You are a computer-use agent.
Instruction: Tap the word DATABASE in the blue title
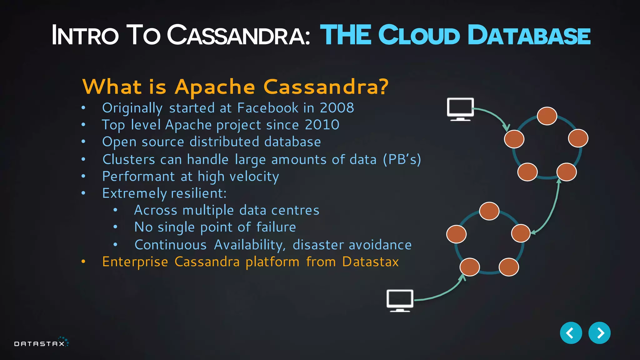point(529,35)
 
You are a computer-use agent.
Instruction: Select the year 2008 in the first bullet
point(337,108)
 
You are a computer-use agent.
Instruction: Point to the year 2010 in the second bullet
point(322,125)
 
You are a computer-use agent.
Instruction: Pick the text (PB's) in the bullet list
point(402,159)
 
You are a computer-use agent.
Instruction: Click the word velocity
point(254,177)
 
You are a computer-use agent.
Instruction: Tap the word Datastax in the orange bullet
point(370,262)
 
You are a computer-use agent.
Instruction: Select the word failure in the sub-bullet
point(276,227)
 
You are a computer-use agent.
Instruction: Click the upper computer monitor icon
point(460,109)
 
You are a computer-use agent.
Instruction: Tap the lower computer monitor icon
point(400,300)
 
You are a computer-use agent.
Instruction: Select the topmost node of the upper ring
point(547,116)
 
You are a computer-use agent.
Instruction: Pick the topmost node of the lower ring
point(489,211)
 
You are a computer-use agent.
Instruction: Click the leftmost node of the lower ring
point(456,234)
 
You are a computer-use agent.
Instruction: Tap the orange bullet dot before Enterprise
point(83,262)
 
